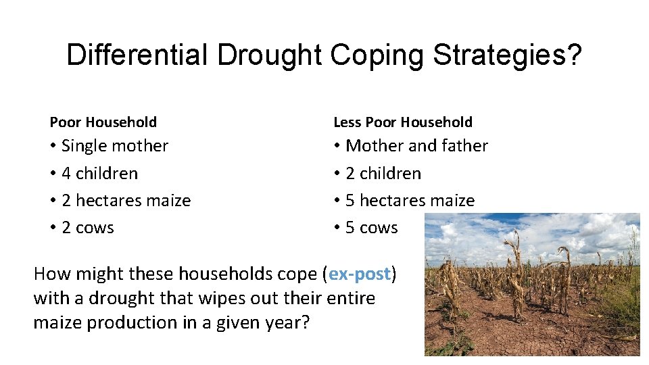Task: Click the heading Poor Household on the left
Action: click(x=103, y=122)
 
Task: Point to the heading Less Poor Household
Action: click(x=403, y=122)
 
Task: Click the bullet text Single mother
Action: click(x=115, y=146)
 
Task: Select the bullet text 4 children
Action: click(x=99, y=174)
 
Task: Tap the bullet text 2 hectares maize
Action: click(x=126, y=201)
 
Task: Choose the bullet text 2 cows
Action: click(x=88, y=228)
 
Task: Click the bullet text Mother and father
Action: click(x=416, y=146)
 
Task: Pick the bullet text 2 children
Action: click(x=383, y=174)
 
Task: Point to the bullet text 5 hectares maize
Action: click(x=410, y=201)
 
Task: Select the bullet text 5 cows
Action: click(x=372, y=228)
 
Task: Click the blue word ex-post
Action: click(x=360, y=274)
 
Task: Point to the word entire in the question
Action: click(x=351, y=298)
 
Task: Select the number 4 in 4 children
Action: click(x=66, y=174)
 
